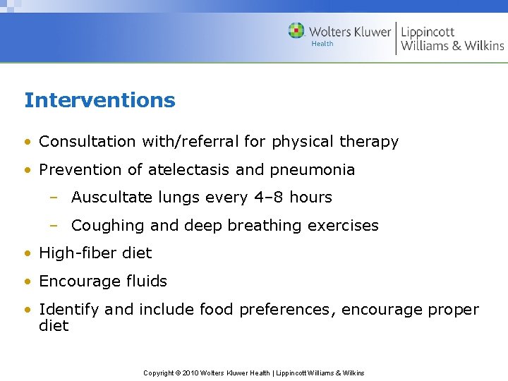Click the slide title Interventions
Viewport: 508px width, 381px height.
coord(99,100)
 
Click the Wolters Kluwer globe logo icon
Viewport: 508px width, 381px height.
coord(296,30)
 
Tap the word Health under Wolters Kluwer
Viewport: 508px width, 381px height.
coord(322,44)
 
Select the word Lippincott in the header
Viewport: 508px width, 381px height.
coord(428,31)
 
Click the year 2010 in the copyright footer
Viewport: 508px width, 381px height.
coord(190,373)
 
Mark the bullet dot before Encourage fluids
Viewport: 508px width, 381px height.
coord(28,282)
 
